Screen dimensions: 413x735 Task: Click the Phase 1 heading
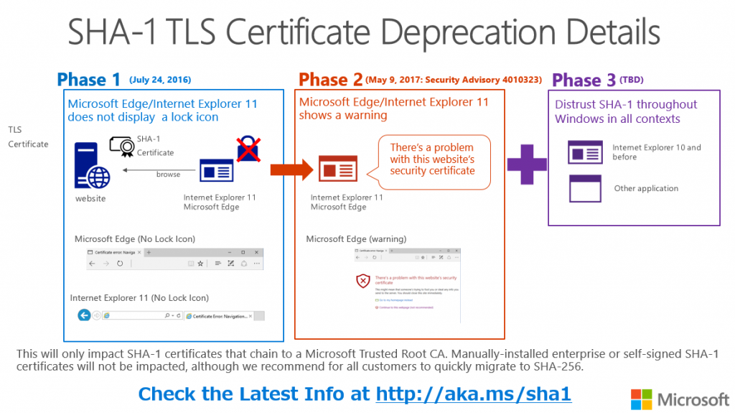point(89,80)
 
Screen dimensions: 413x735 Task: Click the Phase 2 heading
point(330,80)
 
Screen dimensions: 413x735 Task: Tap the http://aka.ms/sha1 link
point(474,394)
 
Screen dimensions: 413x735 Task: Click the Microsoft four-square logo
point(641,399)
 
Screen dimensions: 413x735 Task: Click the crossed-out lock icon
point(248,149)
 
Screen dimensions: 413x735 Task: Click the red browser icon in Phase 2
point(338,170)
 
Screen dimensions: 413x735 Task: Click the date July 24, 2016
point(160,80)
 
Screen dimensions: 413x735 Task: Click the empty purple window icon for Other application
point(585,189)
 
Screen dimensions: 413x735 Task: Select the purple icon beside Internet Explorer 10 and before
point(585,152)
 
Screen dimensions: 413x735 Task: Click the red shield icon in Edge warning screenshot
point(364,281)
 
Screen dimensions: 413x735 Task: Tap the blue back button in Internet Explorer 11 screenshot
point(84,315)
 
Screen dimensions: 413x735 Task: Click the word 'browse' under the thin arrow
point(169,175)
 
